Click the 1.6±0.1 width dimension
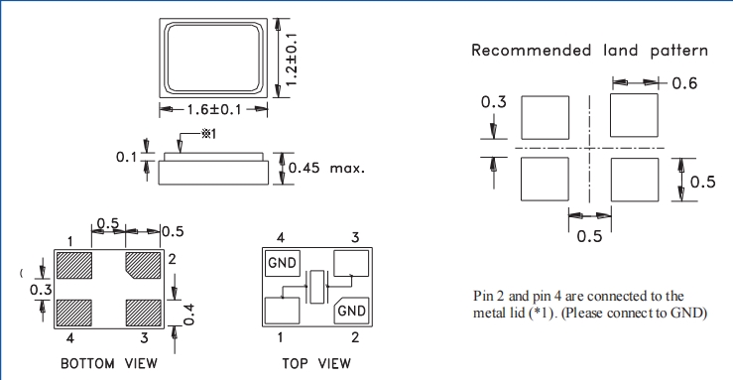point(214,110)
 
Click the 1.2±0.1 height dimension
point(292,60)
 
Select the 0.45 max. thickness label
point(326,168)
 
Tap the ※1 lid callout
point(209,134)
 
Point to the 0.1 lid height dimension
point(126,157)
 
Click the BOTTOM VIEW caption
point(109,364)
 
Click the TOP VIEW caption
point(316,364)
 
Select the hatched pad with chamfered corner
point(144,265)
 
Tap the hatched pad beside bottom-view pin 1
point(73,265)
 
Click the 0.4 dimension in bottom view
point(188,315)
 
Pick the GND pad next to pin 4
point(283,263)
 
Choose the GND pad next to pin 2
point(351,311)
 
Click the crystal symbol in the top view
point(317,287)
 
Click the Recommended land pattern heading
point(589,51)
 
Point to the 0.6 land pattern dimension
point(684,83)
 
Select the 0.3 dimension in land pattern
point(494,102)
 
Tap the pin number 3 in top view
point(355,237)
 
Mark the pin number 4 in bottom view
point(70,337)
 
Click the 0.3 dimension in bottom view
point(41,290)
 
